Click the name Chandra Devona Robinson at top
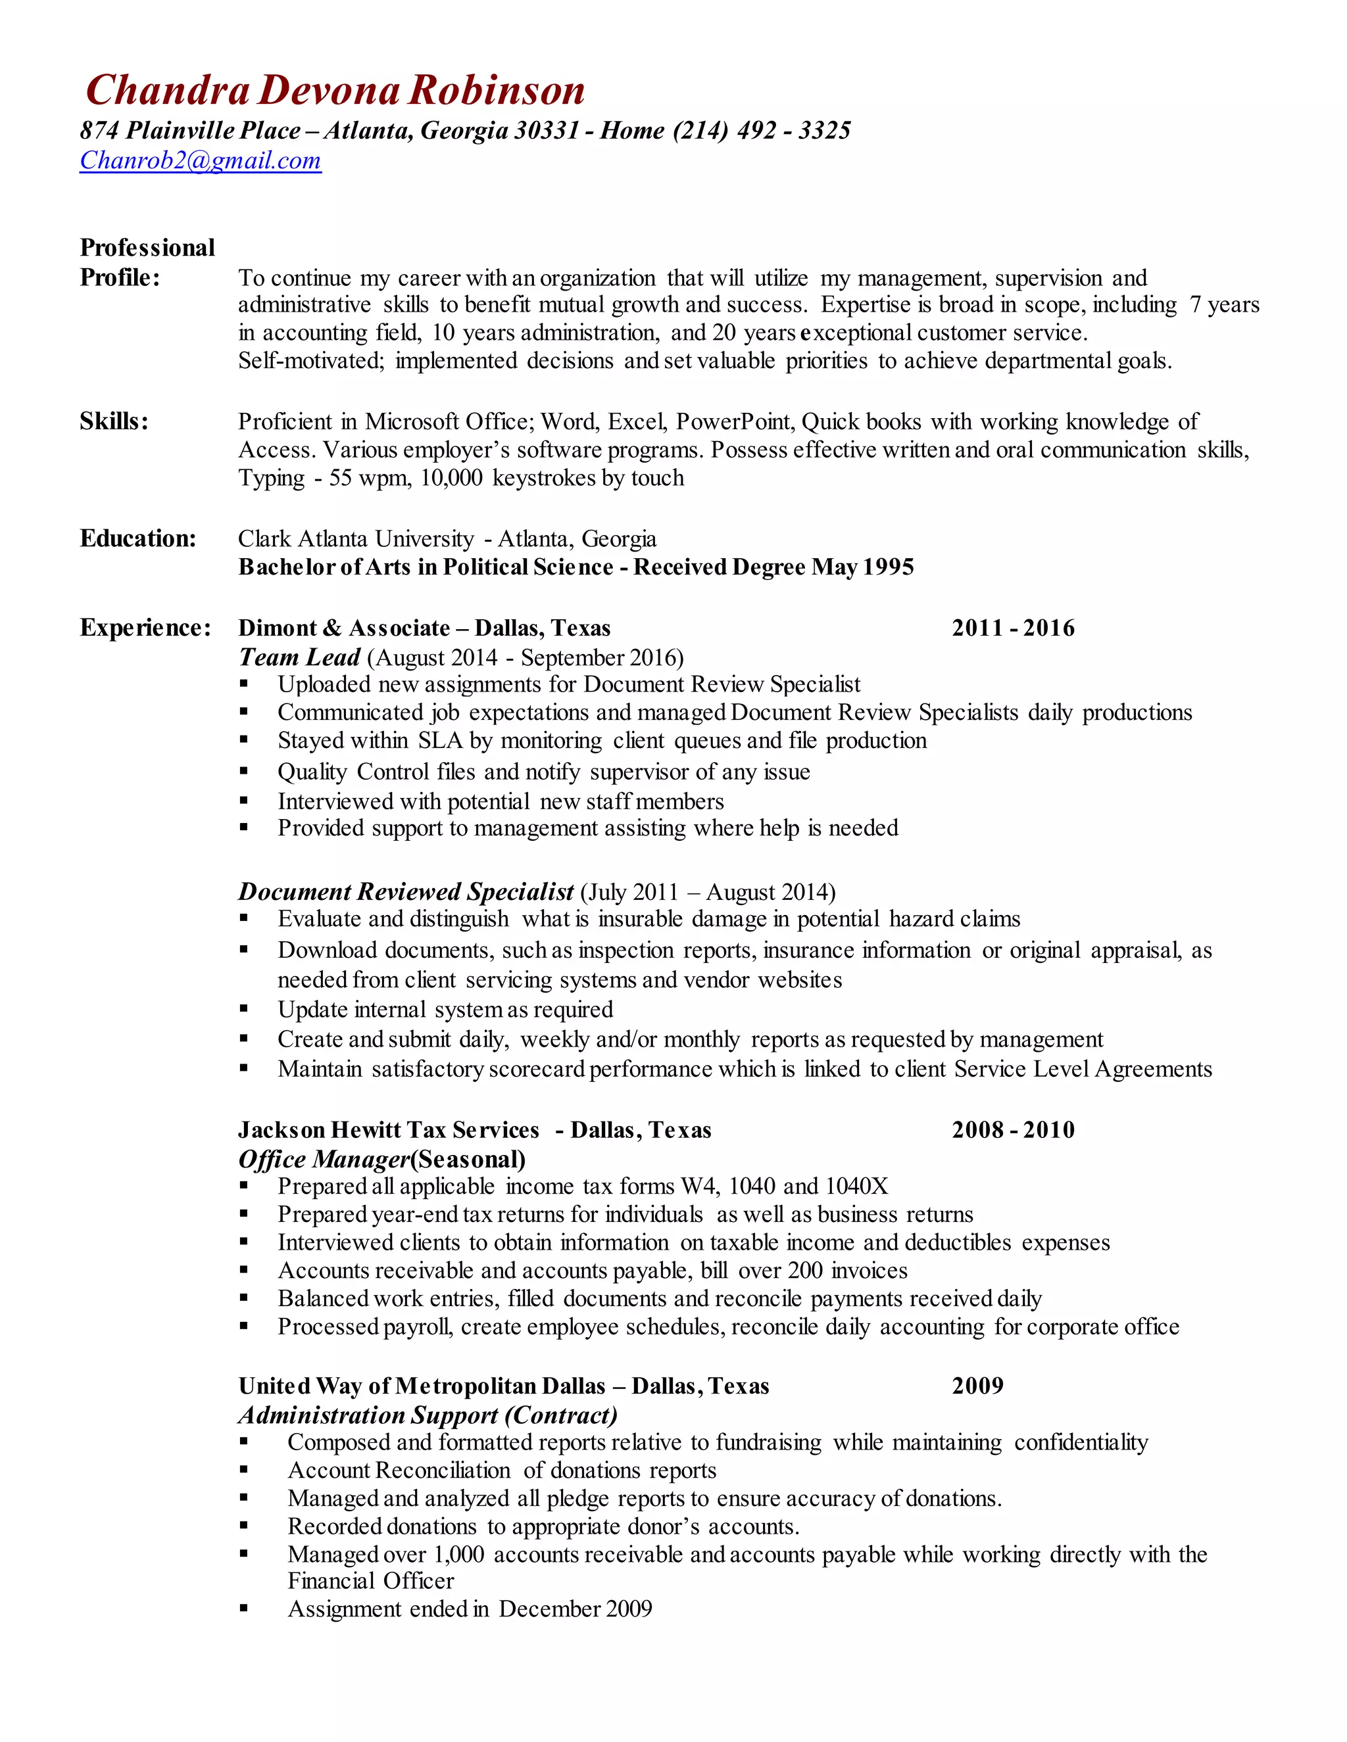tap(335, 90)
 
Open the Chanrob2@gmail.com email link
tap(201, 160)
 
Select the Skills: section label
tap(114, 421)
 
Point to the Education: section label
tap(137, 538)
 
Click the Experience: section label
tap(145, 628)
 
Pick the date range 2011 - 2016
tap(1013, 628)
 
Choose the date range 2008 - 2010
tap(1013, 1129)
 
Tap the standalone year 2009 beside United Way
tap(977, 1386)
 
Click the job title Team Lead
tap(299, 657)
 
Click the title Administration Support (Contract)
tap(428, 1415)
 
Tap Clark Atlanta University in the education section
tap(356, 539)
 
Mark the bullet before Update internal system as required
tap(244, 1010)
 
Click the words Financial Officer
tap(370, 1580)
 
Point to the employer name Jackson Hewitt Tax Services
tap(389, 1129)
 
